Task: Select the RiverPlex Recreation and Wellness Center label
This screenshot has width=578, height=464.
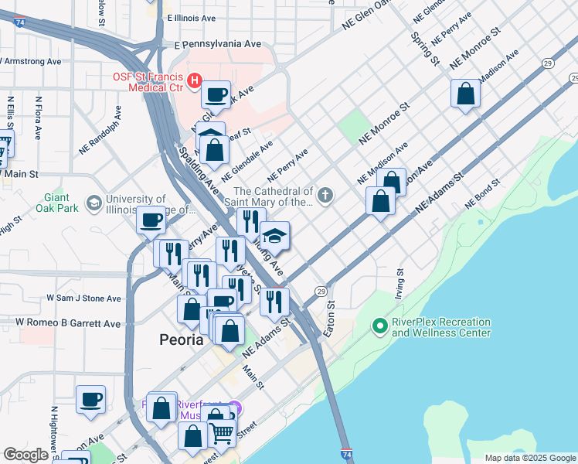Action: (x=441, y=327)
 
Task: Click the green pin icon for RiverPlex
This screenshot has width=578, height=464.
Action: (x=379, y=326)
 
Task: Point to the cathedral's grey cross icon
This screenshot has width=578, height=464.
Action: (x=325, y=193)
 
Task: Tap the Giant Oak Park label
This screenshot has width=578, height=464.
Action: (x=57, y=203)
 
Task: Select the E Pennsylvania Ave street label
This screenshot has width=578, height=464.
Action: (x=218, y=45)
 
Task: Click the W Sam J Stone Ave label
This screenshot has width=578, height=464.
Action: (x=83, y=298)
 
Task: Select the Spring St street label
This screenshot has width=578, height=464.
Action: (x=425, y=49)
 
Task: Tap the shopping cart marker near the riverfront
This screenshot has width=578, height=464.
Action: (x=223, y=434)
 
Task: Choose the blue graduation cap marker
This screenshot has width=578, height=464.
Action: (x=274, y=235)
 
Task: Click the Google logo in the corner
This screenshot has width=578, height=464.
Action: (x=26, y=455)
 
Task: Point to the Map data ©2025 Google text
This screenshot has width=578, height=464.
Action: (x=529, y=458)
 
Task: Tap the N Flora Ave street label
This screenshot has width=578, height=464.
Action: (x=38, y=118)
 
